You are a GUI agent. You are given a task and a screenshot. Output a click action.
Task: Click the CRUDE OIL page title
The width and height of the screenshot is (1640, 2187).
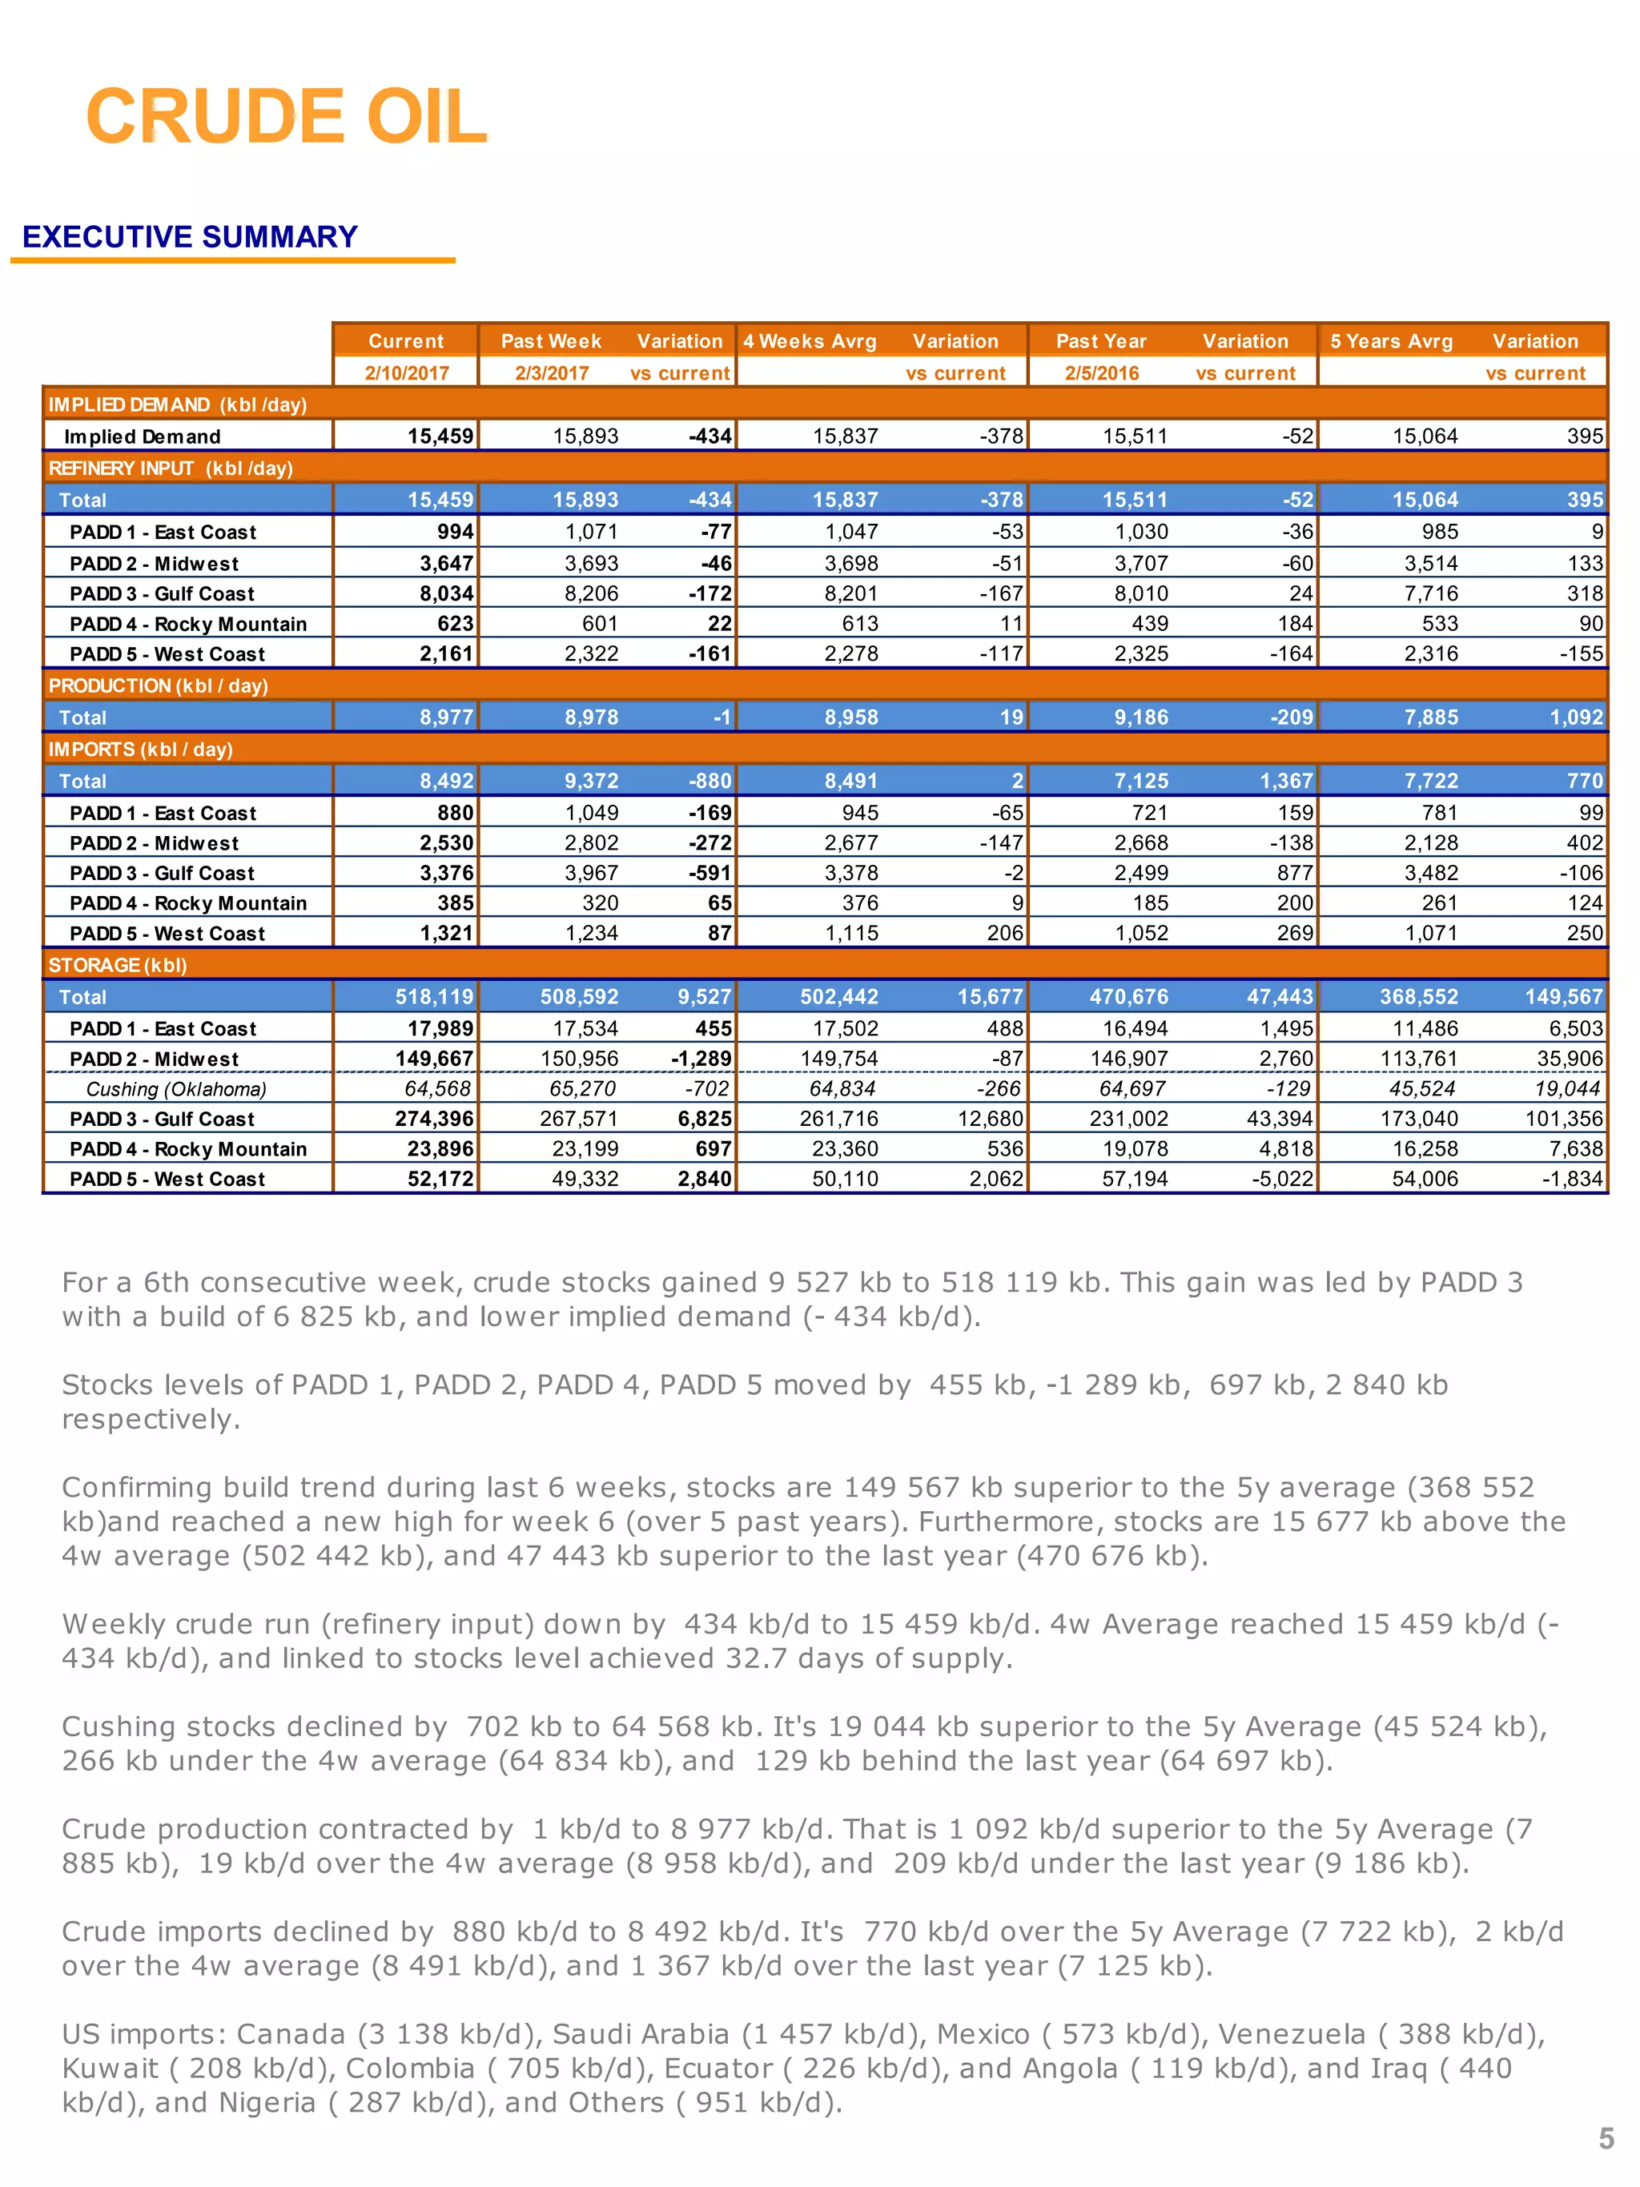(x=286, y=117)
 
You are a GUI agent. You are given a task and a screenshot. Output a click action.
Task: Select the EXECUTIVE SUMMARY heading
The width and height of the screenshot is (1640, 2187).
(x=190, y=237)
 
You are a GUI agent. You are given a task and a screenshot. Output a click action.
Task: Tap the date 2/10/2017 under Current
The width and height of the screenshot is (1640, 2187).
(x=406, y=372)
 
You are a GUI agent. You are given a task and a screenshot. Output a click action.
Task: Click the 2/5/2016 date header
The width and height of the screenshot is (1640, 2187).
(x=1100, y=372)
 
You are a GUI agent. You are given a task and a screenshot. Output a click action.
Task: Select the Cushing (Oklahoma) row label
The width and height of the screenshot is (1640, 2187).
(x=176, y=1088)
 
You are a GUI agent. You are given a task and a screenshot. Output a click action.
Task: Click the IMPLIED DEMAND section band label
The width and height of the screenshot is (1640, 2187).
(x=177, y=404)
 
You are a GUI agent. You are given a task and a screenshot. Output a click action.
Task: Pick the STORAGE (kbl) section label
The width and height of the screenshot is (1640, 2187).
(x=117, y=965)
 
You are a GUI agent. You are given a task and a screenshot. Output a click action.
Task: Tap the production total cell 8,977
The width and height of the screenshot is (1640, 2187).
(x=446, y=717)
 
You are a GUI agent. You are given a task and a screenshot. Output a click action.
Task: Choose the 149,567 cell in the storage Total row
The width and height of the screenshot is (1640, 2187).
(x=1563, y=997)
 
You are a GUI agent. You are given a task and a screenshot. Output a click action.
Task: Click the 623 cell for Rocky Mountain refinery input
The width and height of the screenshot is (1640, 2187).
(x=455, y=624)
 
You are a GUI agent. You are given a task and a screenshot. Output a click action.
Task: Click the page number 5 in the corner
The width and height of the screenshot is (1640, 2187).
(x=1606, y=2139)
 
